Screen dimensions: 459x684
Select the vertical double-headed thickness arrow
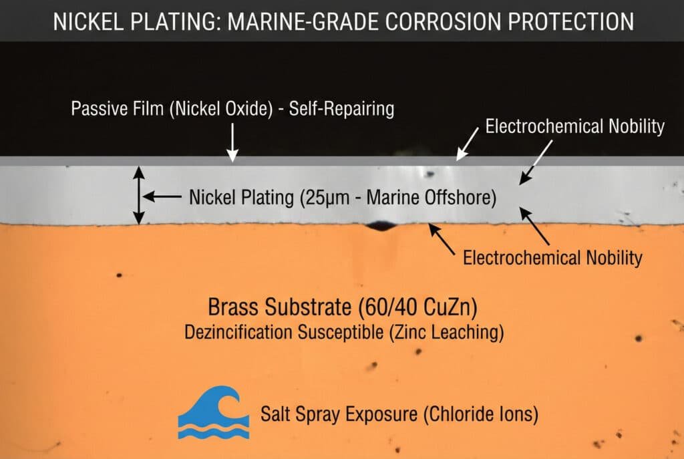(138, 194)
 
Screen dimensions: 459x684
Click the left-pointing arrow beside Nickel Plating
(162, 197)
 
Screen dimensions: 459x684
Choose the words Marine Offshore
(440, 198)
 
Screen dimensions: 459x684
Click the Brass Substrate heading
(281, 308)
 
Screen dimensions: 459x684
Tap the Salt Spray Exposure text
(339, 414)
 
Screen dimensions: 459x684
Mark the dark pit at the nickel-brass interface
(381, 226)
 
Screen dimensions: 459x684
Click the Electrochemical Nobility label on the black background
(574, 126)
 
